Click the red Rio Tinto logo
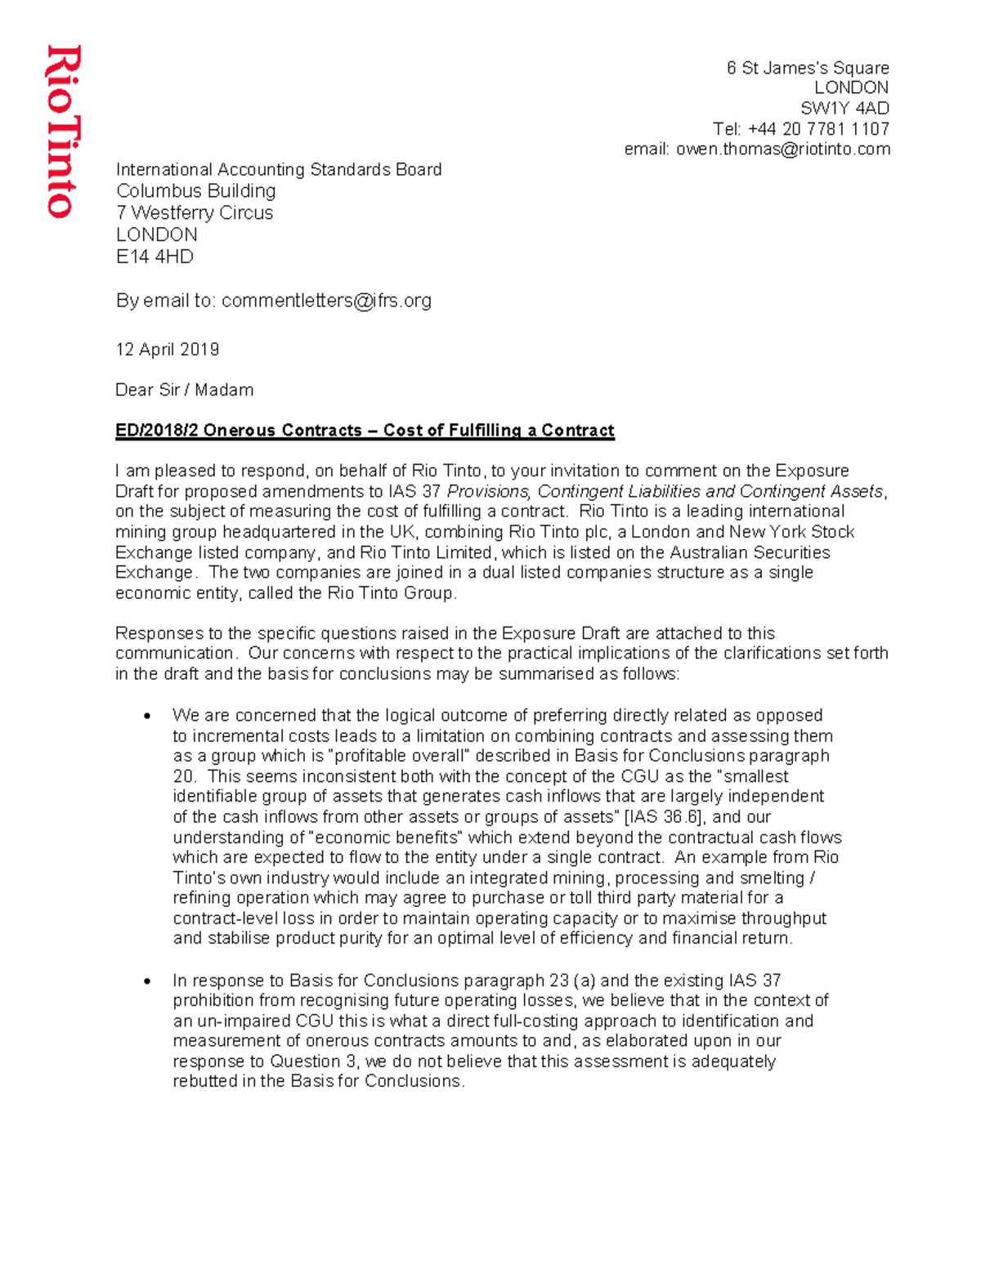click(x=63, y=132)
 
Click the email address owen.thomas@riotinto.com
click(x=782, y=150)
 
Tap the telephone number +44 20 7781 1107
click(x=818, y=129)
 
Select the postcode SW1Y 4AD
click(x=844, y=109)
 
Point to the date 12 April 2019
click(x=167, y=350)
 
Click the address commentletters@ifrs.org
click(x=326, y=301)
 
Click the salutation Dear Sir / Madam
click(x=184, y=390)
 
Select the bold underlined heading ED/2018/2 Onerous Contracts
click(x=364, y=431)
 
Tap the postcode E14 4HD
click(x=155, y=257)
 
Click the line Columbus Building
click(x=195, y=191)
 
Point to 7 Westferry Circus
click(x=194, y=213)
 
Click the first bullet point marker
click(x=147, y=717)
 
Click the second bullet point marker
click(x=147, y=981)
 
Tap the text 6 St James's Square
click(x=807, y=68)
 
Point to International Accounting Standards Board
click(x=278, y=170)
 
